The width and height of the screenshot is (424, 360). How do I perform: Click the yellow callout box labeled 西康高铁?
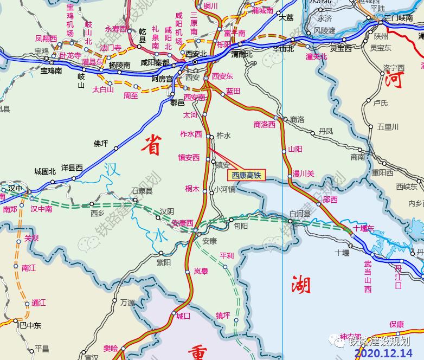click(246, 175)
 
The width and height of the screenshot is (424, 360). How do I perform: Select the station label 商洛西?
click(265, 124)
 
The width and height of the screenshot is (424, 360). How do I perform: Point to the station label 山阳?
click(295, 149)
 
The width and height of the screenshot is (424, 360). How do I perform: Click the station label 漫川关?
click(303, 173)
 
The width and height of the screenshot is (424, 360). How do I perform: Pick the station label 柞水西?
click(191, 134)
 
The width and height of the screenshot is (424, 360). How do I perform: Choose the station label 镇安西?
click(189, 158)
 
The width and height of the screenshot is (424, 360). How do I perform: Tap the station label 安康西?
click(182, 223)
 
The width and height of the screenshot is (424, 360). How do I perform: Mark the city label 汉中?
click(15, 188)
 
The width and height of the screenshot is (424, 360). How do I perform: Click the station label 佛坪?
click(101, 144)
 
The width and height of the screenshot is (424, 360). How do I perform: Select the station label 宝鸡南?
click(51, 70)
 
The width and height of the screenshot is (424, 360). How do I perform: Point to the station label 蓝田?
click(233, 91)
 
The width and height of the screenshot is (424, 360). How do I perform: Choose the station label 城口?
click(183, 316)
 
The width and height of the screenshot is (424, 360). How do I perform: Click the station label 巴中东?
click(30, 325)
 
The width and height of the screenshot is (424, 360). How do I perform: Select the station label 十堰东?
click(364, 228)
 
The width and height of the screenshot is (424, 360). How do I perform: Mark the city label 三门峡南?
click(399, 18)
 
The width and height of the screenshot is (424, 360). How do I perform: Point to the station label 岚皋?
click(201, 271)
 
